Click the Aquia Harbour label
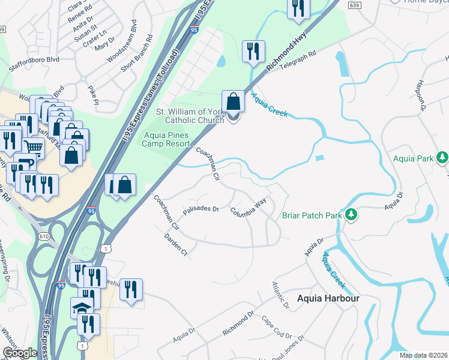[x=328, y=298]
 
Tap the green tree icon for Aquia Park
[x=442, y=158]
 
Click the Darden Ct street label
[x=176, y=245]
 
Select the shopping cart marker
[x=34, y=147]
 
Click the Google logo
[x=19, y=353]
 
